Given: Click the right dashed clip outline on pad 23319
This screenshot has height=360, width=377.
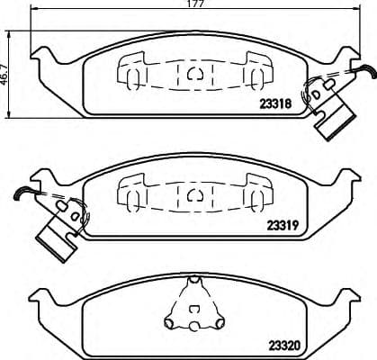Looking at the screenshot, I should point(254,190).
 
